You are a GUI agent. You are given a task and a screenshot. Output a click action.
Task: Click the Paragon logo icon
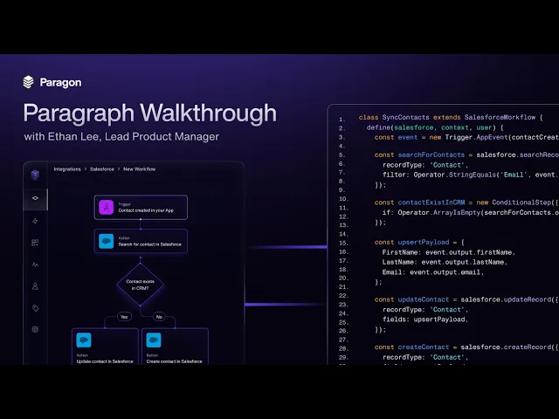(x=29, y=82)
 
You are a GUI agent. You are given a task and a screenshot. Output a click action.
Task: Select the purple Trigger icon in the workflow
(x=106, y=208)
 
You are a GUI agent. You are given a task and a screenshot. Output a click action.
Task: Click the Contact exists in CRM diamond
(x=140, y=285)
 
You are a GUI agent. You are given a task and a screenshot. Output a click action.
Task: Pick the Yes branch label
(x=123, y=317)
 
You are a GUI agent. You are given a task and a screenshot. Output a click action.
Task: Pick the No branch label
(x=157, y=317)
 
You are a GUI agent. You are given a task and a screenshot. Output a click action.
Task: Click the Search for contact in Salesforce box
(x=141, y=241)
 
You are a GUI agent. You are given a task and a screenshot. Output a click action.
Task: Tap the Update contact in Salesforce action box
(x=105, y=347)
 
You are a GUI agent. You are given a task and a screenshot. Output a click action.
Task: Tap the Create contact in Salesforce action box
(x=175, y=347)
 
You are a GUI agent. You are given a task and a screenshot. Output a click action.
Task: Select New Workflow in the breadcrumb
(x=140, y=168)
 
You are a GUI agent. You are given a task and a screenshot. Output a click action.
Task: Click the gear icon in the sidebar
(x=35, y=329)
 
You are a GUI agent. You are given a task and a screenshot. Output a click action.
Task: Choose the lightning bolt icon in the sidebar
(x=35, y=221)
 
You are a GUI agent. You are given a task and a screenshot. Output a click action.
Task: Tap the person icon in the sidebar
(x=35, y=285)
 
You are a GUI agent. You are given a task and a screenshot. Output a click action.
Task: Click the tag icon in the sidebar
(x=35, y=307)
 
